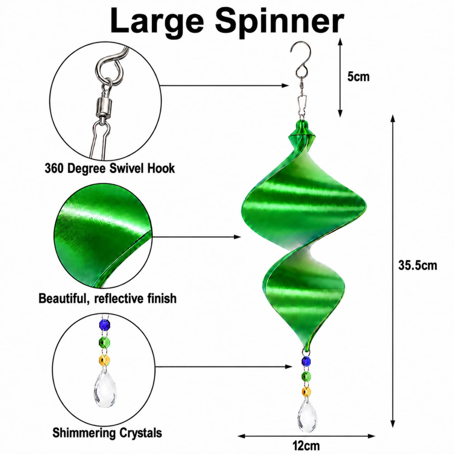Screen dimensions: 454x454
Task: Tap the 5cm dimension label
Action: pos(358,77)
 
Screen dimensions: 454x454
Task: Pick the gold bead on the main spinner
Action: pos(306,391)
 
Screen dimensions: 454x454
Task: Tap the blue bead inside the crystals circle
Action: pos(105,326)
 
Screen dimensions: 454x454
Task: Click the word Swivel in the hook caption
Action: pos(127,169)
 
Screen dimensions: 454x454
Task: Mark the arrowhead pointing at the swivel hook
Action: pos(285,86)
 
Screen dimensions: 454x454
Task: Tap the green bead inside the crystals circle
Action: pos(105,342)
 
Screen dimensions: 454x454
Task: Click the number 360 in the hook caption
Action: pos(54,169)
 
